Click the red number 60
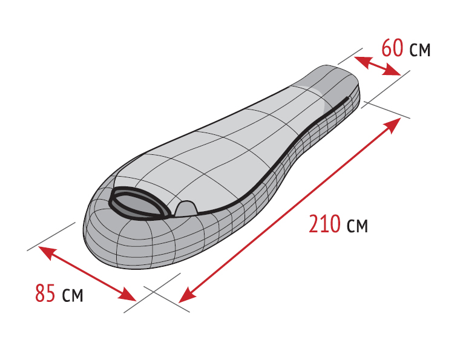392,48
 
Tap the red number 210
324,224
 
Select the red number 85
45,293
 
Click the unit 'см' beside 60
420,50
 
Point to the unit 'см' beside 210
357,226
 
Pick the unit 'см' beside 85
73,295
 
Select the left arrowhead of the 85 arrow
47,253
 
